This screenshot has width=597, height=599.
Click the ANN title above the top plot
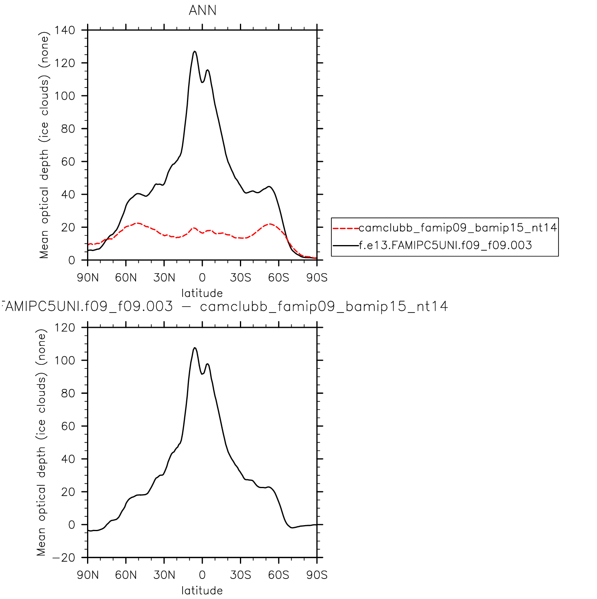[x=203, y=10]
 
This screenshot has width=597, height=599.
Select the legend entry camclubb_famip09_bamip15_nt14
[x=457, y=228]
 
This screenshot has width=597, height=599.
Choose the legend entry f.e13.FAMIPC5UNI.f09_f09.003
[x=445, y=245]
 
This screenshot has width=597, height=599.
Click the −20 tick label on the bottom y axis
[x=63, y=558]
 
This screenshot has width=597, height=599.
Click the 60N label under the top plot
[x=126, y=278]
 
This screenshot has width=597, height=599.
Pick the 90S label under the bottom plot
[x=317, y=575]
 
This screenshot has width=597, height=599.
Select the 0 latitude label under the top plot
[x=202, y=278]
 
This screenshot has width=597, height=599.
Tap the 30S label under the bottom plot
[x=241, y=575]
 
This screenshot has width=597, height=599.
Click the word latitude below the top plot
[x=202, y=293]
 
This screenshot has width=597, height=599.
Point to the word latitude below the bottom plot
[x=202, y=591]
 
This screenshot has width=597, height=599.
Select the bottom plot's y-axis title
[x=42, y=442]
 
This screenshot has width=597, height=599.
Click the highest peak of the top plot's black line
[x=195, y=51]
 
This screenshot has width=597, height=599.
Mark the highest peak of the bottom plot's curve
[x=195, y=348]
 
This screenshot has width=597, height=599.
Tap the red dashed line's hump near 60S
[x=270, y=224]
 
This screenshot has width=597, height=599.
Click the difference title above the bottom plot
[x=225, y=307]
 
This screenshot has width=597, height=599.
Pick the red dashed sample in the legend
[x=345, y=228]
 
